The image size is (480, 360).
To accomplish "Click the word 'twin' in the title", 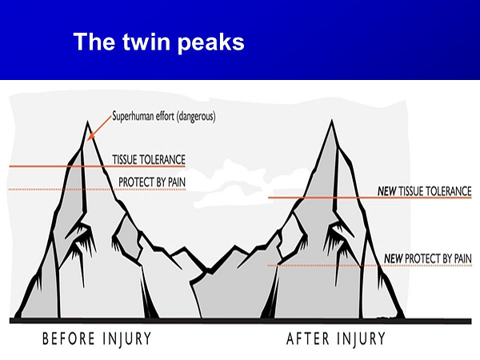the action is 146,42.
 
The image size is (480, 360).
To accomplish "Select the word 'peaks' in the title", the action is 210,43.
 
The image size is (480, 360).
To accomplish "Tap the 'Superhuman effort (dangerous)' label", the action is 164,117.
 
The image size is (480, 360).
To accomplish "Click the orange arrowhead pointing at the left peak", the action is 90,137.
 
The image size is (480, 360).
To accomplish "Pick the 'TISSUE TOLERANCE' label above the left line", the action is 149,160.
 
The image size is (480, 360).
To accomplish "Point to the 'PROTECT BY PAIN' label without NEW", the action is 152,182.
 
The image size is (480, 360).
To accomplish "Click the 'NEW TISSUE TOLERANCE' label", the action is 424,191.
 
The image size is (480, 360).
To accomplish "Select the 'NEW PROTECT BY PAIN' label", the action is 428,258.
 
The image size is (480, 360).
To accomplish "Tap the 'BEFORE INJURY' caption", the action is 97,339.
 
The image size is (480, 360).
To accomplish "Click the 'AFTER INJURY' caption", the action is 336,339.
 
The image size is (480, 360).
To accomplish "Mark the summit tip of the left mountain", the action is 87,122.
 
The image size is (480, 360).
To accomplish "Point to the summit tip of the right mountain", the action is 332,120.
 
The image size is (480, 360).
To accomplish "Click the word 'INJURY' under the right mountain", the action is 362,339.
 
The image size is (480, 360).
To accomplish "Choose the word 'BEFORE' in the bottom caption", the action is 69,339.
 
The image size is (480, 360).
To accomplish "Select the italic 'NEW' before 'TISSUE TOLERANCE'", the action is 387,191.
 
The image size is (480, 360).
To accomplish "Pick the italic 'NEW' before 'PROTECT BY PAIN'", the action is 394,258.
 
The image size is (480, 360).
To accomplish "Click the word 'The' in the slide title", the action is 94,42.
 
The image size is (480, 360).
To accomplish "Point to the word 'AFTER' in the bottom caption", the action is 307,339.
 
